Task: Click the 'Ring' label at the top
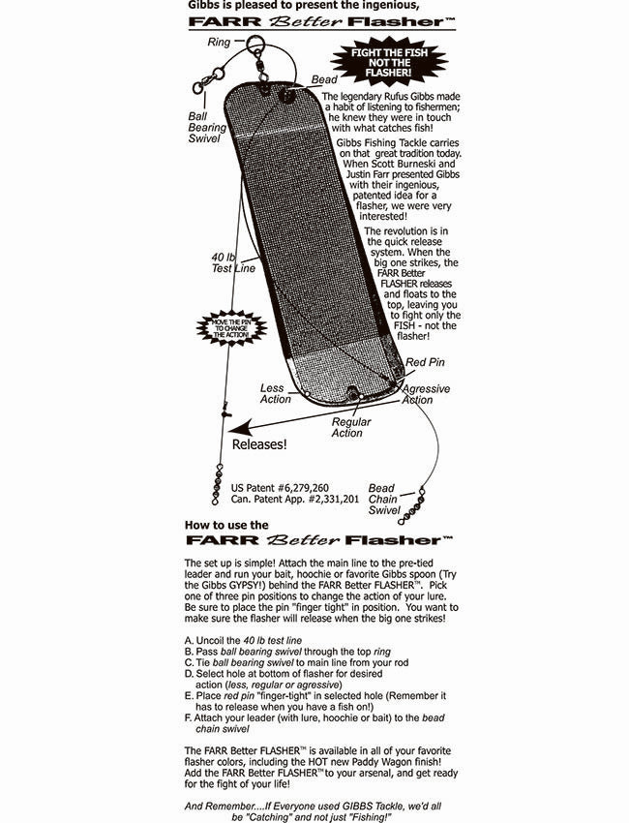pyautogui.click(x=219, y=42)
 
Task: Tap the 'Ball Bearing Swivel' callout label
pyautogui.click(x=207, y=127)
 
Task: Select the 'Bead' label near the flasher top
pyautogui.click(x=324, y=79)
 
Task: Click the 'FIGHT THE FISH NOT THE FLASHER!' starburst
pyautogui.click(x=389, y=62)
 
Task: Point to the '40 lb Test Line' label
pyautogui.click(x=233, y=262)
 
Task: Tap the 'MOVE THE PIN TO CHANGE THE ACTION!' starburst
pyautogui.click(x=231, y=327)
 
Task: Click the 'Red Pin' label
pyautogui.click(x=425, y=362)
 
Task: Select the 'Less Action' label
pyautogui.click(x=275, y=394)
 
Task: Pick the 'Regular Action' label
pyautogui.click(x=350, y=427)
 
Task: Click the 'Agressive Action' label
pyautogui.click(x=426, y=394)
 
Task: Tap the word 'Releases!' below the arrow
pyautogui.click(x=259, y=444)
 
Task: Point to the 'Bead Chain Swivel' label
pyautogui.click(x=383, y=500)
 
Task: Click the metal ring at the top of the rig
pyautogui.click(x=255, y=43)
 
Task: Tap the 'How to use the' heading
pyautogui.click(x=226, y=525)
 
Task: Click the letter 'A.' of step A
pyautogui.click(x=190, y=640)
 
